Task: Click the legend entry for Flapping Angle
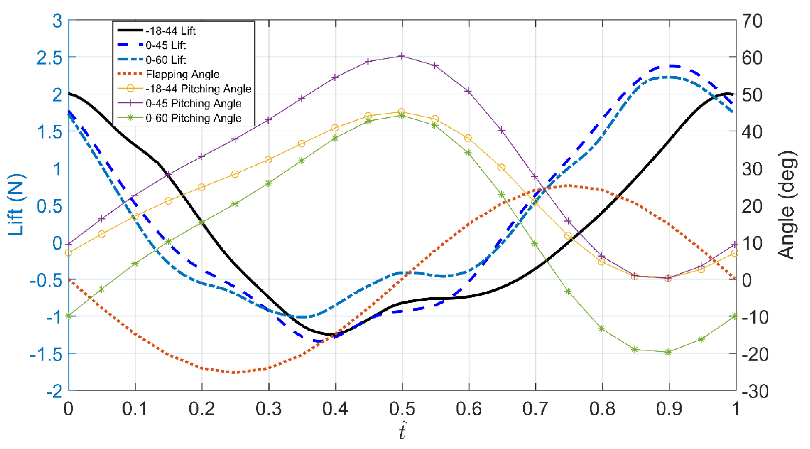pos(182,74)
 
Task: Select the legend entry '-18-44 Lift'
pos(170,31)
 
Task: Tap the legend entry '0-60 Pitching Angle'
pos(193,118)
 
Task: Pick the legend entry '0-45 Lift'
pos(165,45)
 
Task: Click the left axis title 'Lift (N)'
pos(16,205)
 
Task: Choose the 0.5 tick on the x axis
pos(402,409)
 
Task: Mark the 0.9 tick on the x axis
pos(669,409)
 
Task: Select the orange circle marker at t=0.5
pos(402,112)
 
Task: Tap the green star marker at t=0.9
pos(669,352)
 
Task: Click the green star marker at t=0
pos(68,316)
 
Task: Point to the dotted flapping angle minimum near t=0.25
pos(235,373)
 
